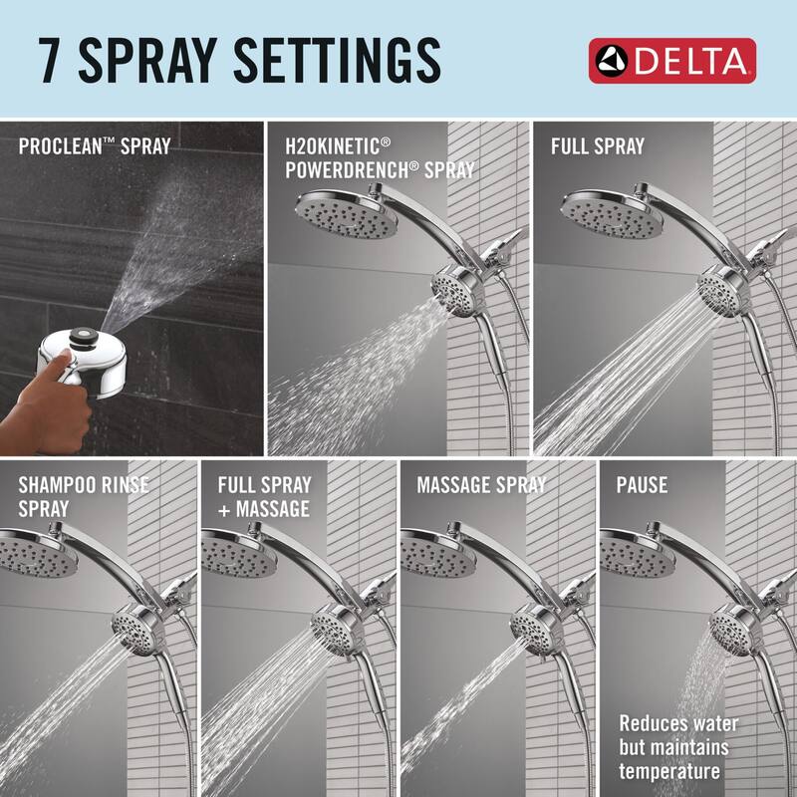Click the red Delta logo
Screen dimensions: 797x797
pos(671,61)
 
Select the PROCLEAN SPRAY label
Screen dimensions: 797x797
pos(94,147)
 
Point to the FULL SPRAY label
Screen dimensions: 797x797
pos(597,147)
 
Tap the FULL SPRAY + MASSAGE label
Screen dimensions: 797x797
pos(265,496)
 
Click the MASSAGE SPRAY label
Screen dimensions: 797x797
pos(481,485)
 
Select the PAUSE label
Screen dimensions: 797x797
pos(643,486)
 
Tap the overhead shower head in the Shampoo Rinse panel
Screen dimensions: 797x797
pos(40,553)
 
